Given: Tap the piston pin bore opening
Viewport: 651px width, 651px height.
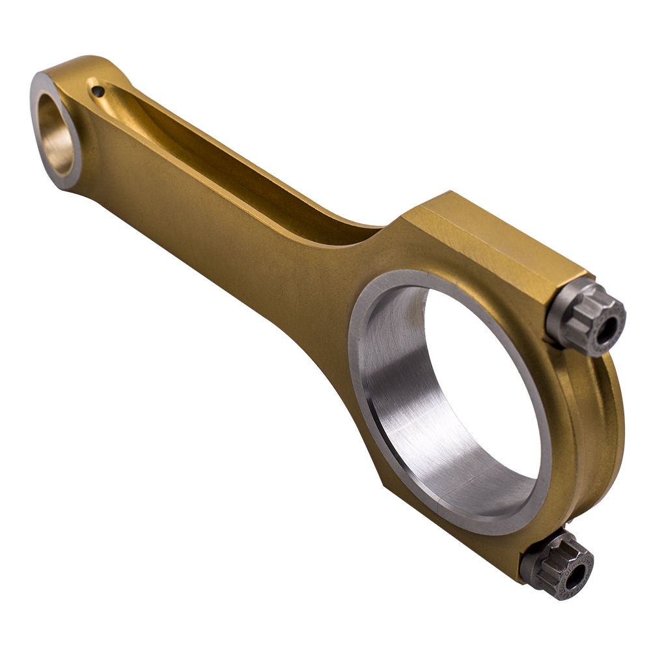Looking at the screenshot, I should (57, 133).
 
